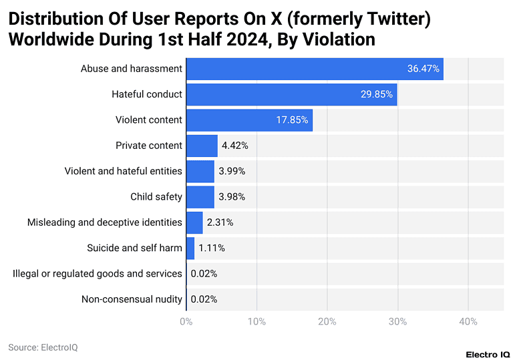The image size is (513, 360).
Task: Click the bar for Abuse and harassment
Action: pos(314,69)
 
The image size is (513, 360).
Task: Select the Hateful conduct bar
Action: pos(291,94)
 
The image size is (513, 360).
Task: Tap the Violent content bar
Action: pos(248,120)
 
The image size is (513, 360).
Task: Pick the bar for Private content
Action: pos(202,146)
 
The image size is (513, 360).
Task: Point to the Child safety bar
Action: pos(200,196)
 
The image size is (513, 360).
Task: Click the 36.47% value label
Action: pos(423,69)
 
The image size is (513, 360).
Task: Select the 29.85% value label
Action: pos(377,94)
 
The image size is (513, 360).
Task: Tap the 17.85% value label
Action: pos(292,120)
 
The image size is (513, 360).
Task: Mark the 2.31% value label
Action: pos(220,222)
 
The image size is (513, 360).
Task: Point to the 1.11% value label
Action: pos(212,248)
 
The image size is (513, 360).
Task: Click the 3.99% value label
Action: pos(232,171)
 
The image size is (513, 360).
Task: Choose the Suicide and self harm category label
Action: pos(134,248)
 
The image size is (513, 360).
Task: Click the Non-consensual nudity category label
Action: pos(132,299)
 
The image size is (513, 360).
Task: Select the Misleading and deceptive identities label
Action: pos(104,222)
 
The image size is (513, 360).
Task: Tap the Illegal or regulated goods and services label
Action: pos(98,273)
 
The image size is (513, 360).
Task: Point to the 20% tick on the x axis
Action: pos(327,322)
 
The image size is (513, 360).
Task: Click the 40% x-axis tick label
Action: pos(468,322)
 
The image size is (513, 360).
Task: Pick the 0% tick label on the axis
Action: pos(186,322)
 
